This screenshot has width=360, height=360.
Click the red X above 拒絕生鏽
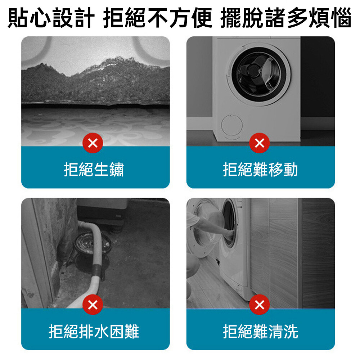93,143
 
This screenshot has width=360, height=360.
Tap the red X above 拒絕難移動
260,143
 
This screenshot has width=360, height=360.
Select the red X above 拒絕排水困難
93,305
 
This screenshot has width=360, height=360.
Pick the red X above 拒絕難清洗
260,305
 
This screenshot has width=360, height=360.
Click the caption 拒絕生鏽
94,170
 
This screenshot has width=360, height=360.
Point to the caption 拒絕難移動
260,170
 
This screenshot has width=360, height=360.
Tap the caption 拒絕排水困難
94,332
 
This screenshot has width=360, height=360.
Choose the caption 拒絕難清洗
260,332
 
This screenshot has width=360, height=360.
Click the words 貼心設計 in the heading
51,18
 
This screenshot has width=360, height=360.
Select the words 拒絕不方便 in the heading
158,18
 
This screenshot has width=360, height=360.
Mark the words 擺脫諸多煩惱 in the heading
286,18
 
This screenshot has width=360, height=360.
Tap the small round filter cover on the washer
231,125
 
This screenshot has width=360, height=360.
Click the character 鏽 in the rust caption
116,170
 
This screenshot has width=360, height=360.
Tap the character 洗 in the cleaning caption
291,332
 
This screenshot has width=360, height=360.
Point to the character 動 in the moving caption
291,170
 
